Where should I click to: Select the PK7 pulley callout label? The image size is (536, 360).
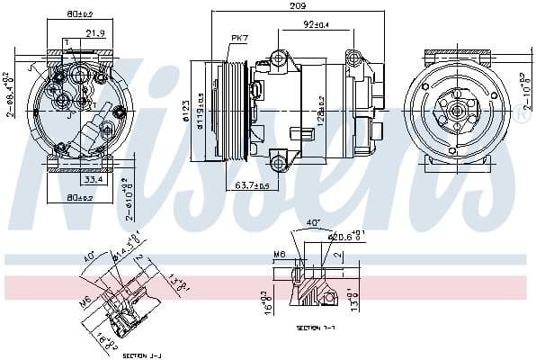(239, 37)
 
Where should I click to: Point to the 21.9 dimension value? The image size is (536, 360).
(96, 33)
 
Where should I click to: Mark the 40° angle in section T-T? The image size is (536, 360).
(312, 222)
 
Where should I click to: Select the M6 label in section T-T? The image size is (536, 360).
(281, 255)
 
